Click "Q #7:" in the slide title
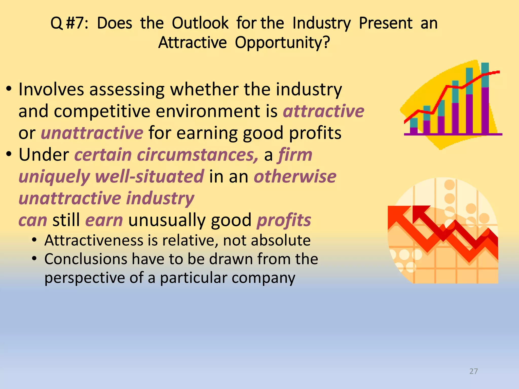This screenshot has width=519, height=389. pyautogui.click(x=69, y=23)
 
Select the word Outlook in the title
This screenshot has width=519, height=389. pyautogui.click(x=200, y=23)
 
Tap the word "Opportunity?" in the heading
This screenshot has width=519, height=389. pyautogui.click(x=282, y=43)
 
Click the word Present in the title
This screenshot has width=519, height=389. pyautogui.click(x=386, y=23)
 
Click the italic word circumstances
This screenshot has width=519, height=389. pyautogui.click(x=198, y=155)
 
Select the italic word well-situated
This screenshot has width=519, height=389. pyautogui.click(x=150, y=177)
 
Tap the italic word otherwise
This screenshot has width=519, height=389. pyautogui.click(x=295, y=177)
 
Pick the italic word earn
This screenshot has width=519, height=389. pyautogui.click(x=104, y=220)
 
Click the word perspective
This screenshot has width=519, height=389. pyautogui.click(x=85, y=278)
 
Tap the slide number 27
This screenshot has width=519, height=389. pyautogui.click(x=473, y=371)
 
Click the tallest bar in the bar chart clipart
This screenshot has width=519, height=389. pyautogui.click(x=485, y=99)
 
